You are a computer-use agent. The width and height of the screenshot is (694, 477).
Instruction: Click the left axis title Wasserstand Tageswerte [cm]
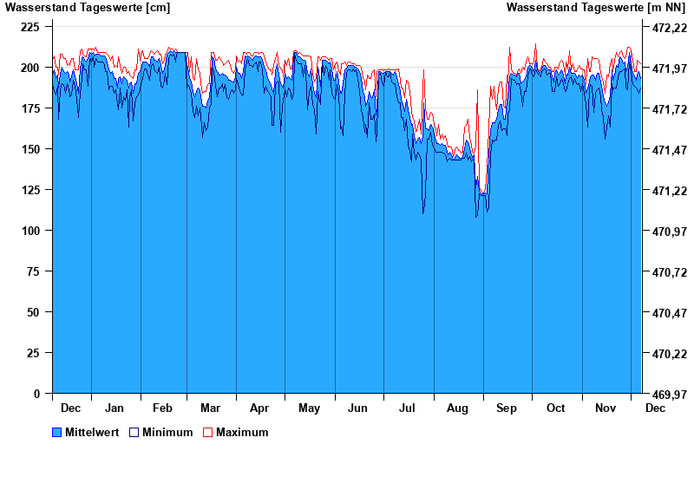(88, 8)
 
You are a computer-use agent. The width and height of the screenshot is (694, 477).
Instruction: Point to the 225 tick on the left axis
(30, 27)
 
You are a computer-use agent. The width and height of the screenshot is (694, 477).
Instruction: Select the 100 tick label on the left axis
(30, 231)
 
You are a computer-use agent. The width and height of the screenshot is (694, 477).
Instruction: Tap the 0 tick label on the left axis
(36, 394)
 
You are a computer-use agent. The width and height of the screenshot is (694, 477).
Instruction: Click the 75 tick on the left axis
(34, 271)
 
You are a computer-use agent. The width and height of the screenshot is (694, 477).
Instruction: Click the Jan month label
(114, 408)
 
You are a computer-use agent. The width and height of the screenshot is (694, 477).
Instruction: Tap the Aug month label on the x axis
(457, 408)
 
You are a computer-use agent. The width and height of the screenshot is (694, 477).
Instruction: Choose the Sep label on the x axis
(507, 408)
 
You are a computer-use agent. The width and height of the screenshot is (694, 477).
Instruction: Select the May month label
(309, 408)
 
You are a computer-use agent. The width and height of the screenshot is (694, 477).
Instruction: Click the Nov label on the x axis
(605, 408)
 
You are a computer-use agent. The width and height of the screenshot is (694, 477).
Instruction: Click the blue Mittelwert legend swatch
(57, 432)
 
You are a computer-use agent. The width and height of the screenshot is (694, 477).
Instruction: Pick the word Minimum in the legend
(167, 432)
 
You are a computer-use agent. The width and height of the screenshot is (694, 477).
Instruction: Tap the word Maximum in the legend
(242, 432)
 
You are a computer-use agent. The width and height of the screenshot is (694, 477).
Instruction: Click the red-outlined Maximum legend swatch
(207, 432)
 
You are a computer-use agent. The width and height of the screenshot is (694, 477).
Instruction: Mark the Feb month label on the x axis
(162, 408)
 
